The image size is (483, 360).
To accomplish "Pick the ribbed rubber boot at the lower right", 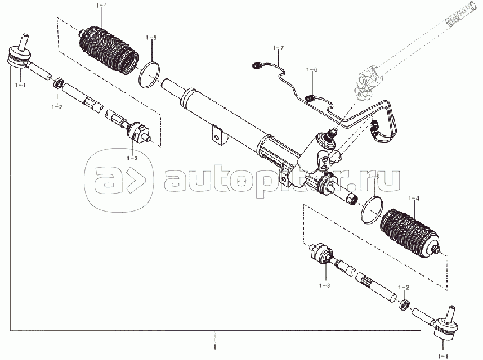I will pos(412,232).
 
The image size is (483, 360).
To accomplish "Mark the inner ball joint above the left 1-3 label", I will pos(137,132).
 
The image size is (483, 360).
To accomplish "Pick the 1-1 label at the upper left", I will pos(21,84).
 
